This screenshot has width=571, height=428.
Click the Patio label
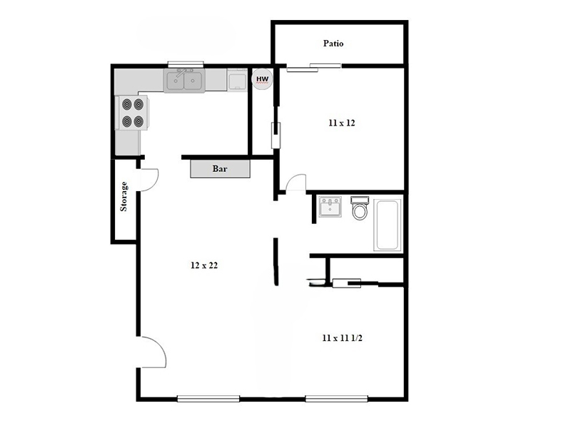coord(333,44)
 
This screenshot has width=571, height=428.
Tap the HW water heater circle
coord(262,79)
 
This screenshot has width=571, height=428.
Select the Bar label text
coord(220,169)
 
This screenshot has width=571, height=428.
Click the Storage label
coord(123,197)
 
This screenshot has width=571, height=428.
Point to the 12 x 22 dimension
coord(204,265)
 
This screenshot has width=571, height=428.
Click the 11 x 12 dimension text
coord(342,123)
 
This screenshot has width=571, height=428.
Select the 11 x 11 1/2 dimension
coord(343,338)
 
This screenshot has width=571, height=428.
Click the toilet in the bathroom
coord(360,208)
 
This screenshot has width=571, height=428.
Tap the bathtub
coord(388,225)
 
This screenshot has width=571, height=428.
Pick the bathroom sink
coord(330,206)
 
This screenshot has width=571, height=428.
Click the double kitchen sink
coord(184,81)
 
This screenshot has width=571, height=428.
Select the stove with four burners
coord(132,113)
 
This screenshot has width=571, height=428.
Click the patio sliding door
coord(314,67)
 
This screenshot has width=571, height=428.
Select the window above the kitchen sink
coord(186,64)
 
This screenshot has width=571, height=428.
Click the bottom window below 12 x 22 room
coord(208,399)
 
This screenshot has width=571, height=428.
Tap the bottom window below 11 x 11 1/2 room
coord(336,399)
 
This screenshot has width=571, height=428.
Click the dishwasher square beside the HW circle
coord(238,80)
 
